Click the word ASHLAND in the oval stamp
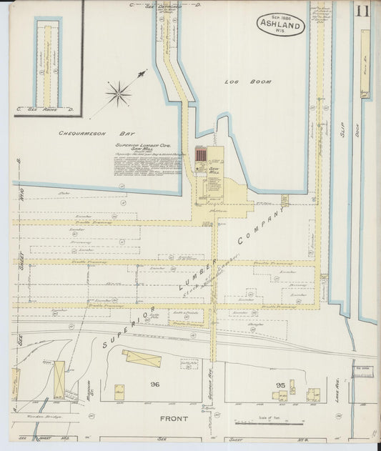point(281,24)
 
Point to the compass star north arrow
point(119,92)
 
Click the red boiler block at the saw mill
point(201,156)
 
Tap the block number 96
point(154,384)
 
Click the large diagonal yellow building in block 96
point(143,358)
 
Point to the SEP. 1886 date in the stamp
point(281,14)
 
